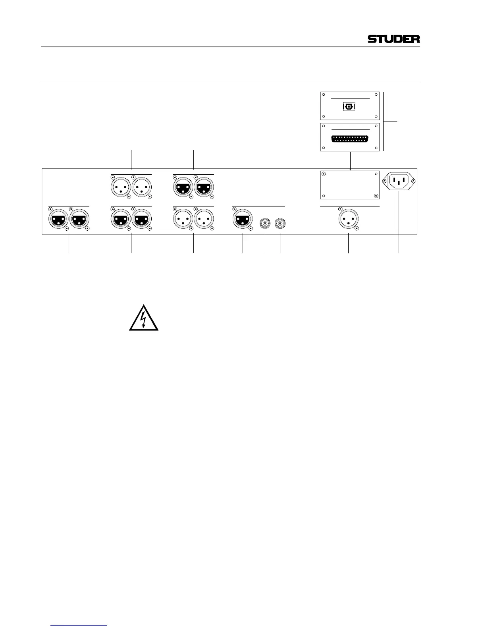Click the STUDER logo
pos(393,39)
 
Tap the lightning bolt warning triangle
pos(144,318)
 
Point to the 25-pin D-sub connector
pos(350,139)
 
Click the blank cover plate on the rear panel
pos(349,185)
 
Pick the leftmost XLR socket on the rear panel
pos(58,219)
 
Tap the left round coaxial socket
pos(265,224)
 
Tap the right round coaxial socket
pos(280,224)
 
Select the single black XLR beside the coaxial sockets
pos(242,219)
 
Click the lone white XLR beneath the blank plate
pos(348,219)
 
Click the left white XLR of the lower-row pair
pos(183,219)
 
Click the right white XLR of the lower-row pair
pos(204,219)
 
